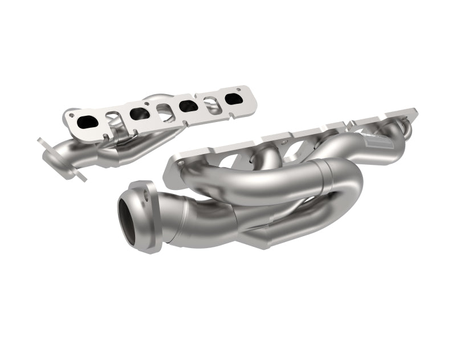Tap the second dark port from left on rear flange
click(140, 113)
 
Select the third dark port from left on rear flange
click(188, 106)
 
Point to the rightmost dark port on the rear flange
click(233, 99)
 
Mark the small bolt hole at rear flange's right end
click(240, 89)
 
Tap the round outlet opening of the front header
click(128, 219)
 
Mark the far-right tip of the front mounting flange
click(415, 110)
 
